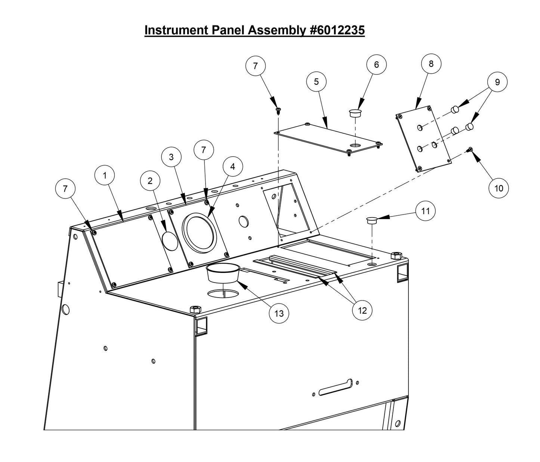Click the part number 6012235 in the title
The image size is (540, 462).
click(x=337, y=30)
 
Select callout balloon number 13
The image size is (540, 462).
click(x=279, y=313)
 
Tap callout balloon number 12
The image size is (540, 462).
click(x=362, y=310)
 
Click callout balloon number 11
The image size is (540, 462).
click(x=426, y=211)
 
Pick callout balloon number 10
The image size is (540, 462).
click(x=499, y=188)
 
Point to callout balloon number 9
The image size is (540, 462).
click(x=497, y=82)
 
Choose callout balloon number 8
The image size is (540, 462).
click(x=431, y=64)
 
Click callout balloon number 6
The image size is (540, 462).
click(x=376, y=65)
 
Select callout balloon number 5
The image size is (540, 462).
click(x=316, y=81)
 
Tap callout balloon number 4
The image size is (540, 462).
click(x=232, y=166)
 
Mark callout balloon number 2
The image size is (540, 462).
click(x=150, y=181)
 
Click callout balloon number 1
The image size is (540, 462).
click(x=105, y=175)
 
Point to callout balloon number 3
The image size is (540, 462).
click(x=171, y=157)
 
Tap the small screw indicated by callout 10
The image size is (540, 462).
click(x=469, y=150)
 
